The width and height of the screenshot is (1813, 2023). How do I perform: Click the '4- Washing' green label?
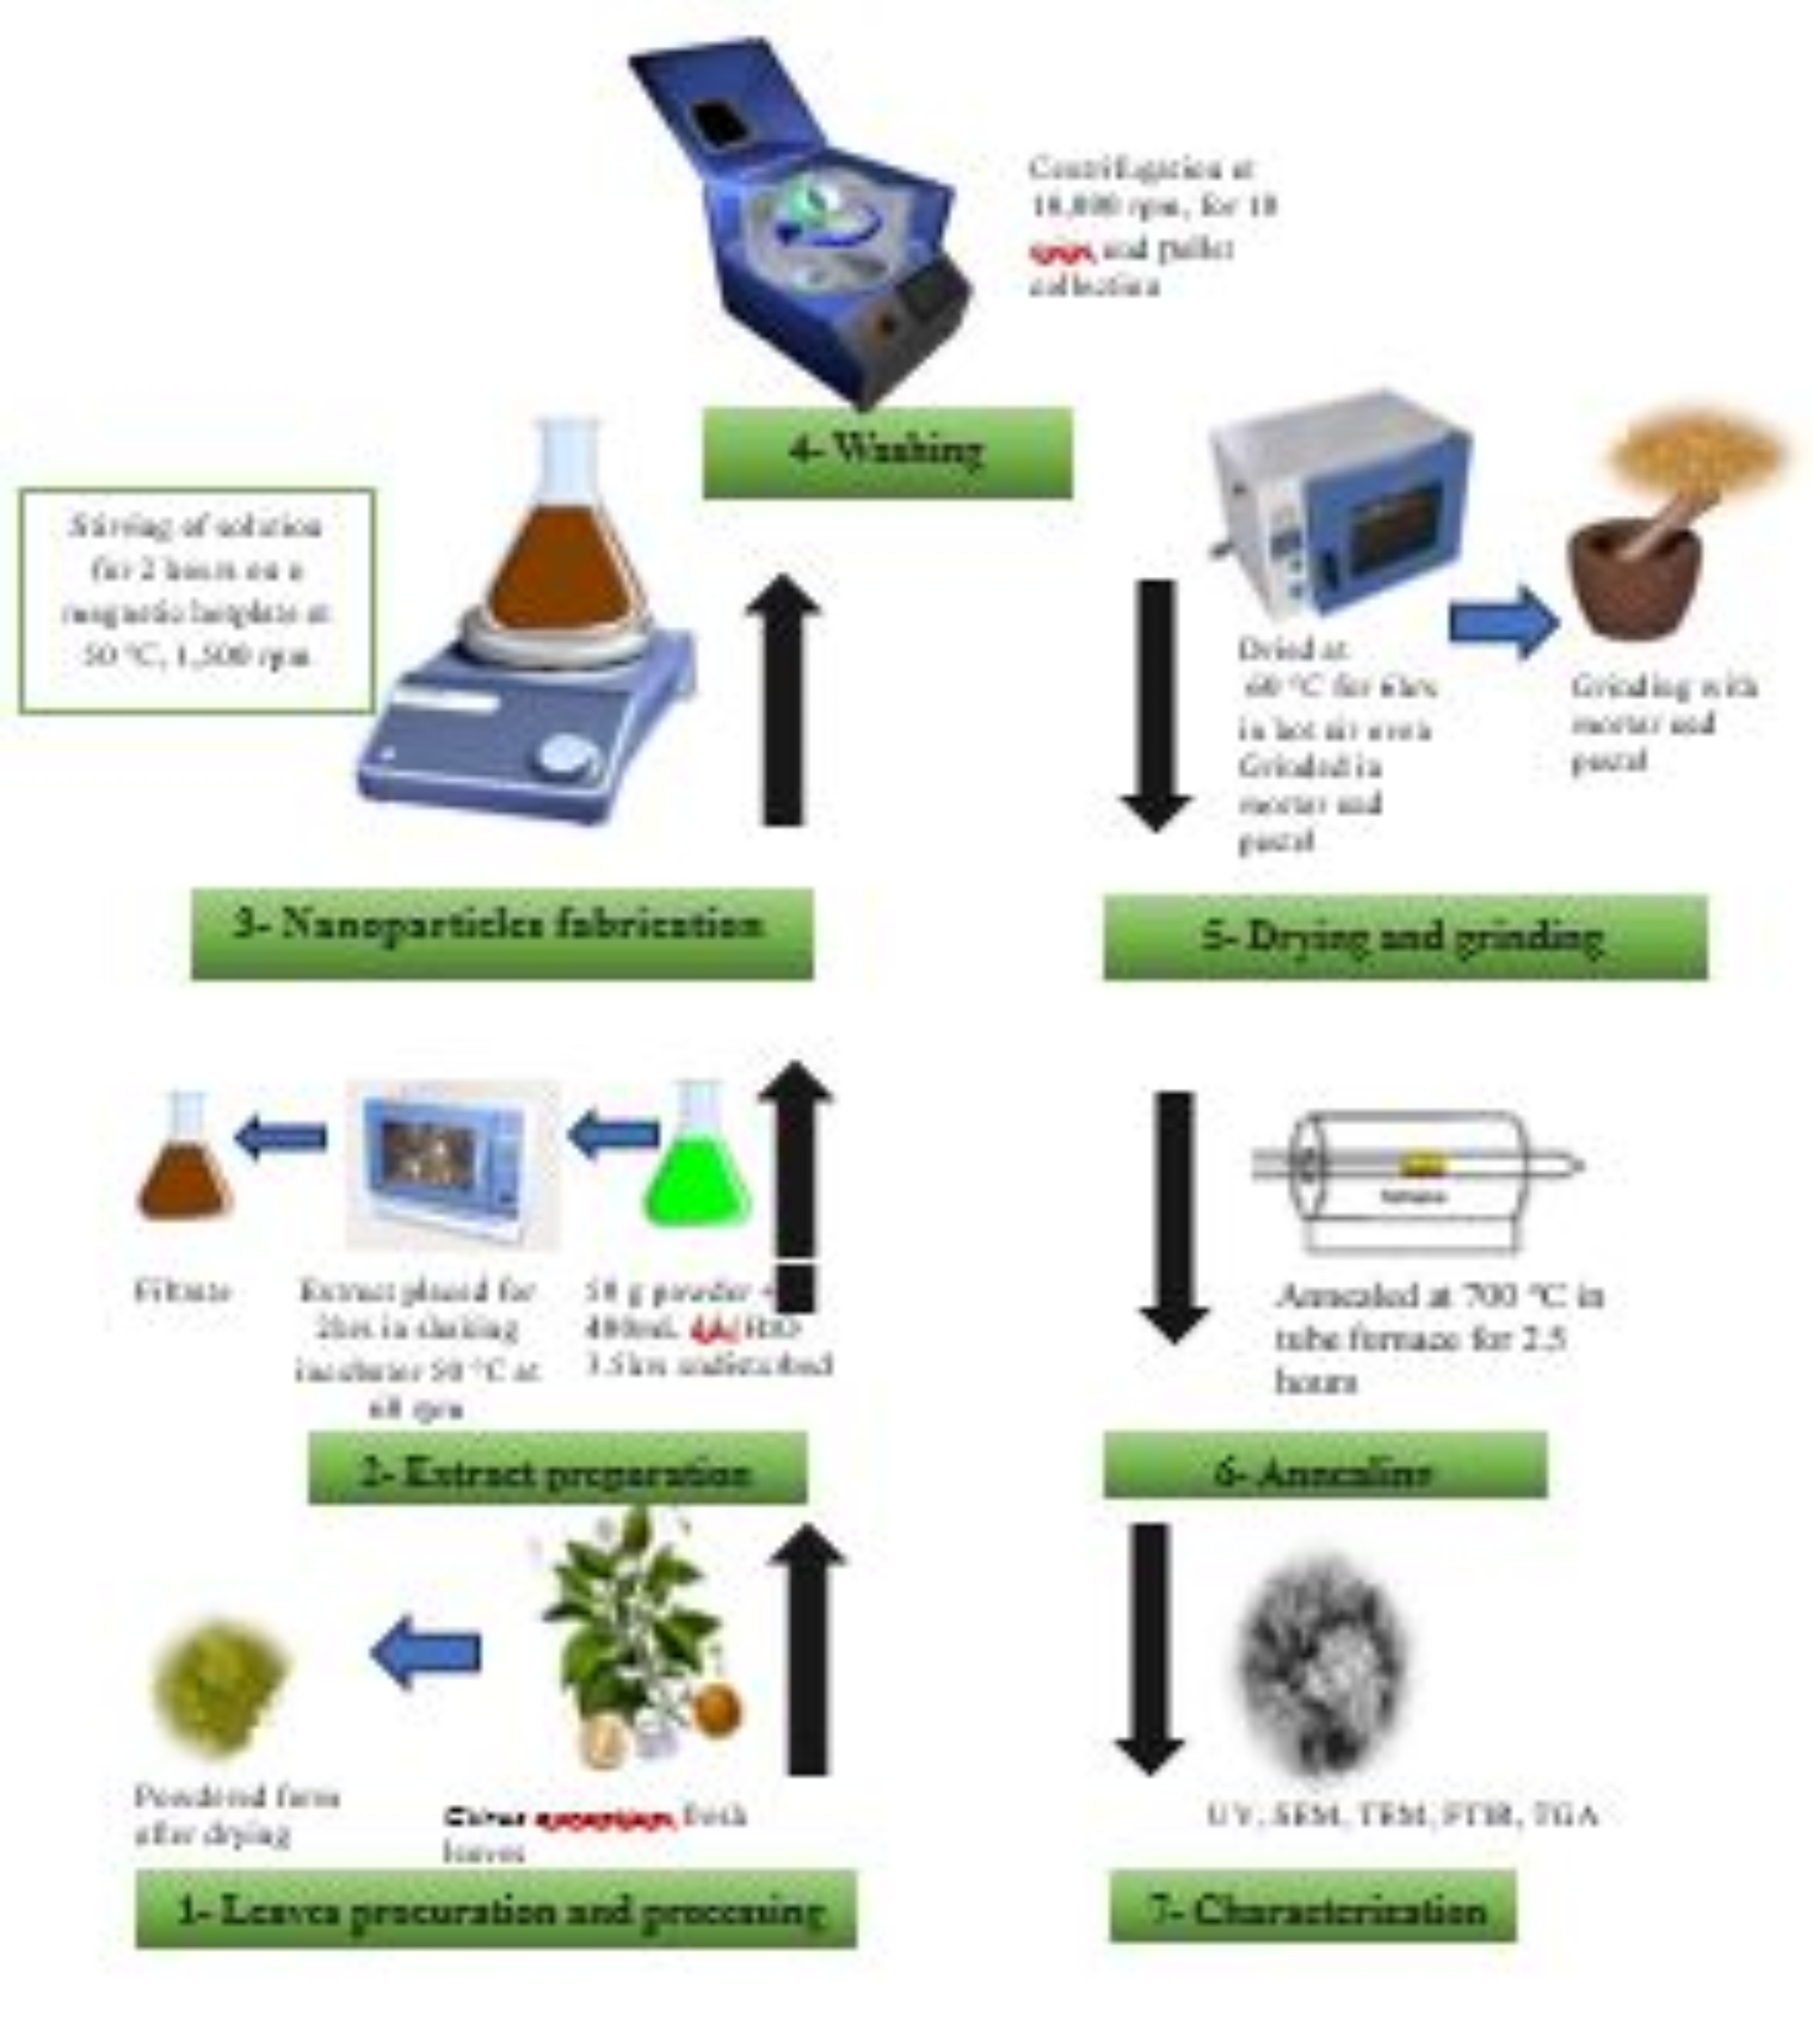tap(887, 452)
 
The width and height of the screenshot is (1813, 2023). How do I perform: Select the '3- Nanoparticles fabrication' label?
tap(501, 933)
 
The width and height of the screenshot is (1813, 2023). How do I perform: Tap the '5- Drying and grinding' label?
tap(1405, 937)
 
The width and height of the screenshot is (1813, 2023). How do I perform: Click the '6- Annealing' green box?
tap(1325, 1465)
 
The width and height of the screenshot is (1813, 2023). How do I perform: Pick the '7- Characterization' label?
tap(1313, 1907)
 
